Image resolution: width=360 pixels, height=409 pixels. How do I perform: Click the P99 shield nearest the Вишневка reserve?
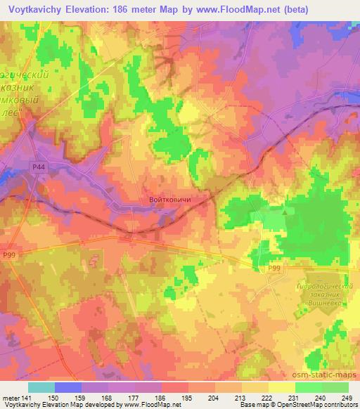[x=274, y=268]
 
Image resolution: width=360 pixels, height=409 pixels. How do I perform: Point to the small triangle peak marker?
[x=284, y=210]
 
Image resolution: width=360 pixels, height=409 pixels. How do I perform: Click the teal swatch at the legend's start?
[x=41, y=388]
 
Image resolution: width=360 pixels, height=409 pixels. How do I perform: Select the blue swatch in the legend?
[x=68, y=388]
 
